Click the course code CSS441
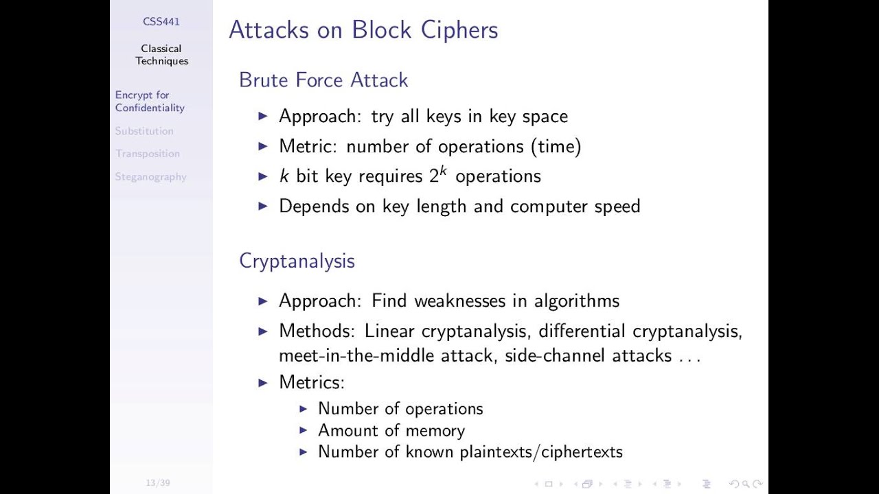pyautogui.click(x=161, y=21)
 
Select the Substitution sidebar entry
pyautogui.click(x=144, y=131)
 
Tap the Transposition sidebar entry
pyautogui.click(x=148, y=154)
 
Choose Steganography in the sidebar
pyautogui.click(x=150, y=177)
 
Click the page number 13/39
pyautogui.click(x=158, y=483)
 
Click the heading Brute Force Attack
pyautogui.click(x=323, y=80)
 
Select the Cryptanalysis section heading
pyautogui.click(x=297, y=261)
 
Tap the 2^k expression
pyautogui.click(x=438, y=175)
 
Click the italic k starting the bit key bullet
pyautogui.click(x=284, y=176)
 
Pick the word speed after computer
pyautogui.click(x=617, y=207)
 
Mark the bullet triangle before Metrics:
pyautogui.click(x=263, y=382)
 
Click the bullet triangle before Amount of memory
pyautogui.click(x=304, y=430)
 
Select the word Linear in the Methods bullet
pyautogui.click(x=389, y=331)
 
